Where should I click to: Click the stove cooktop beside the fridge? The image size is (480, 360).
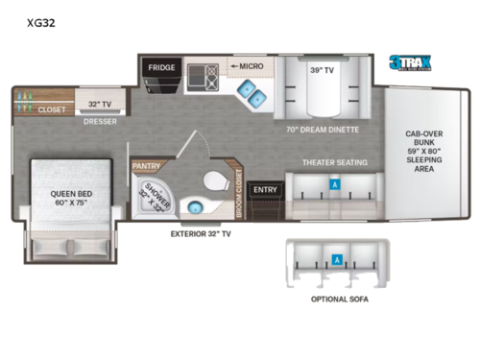[204, 74]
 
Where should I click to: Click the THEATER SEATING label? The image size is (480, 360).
[336, 162]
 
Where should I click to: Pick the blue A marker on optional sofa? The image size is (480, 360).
[337, 258]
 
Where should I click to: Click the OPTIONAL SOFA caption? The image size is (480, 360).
[337, 299]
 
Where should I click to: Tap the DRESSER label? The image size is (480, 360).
[100, 122]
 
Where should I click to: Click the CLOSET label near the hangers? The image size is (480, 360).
[52, 108]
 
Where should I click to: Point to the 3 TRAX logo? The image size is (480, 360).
[410, 64]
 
